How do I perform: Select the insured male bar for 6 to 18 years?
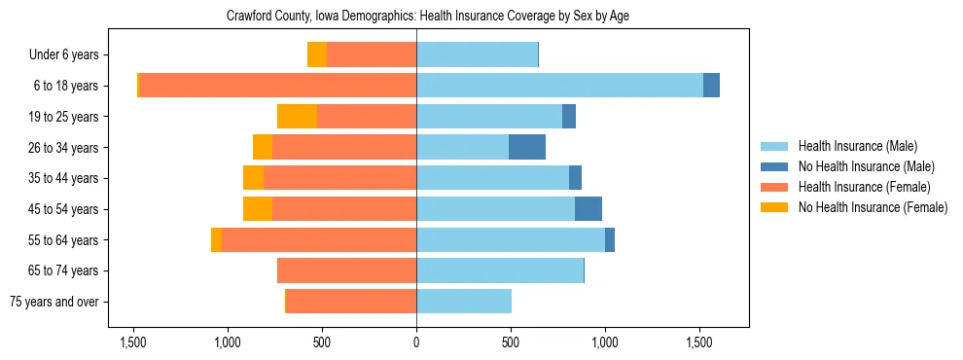(x=559, y=86)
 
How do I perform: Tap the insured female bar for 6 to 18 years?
(x=277, y=86)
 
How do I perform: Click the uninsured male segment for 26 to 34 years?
(x=527, y=147)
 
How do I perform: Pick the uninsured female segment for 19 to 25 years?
(x=297, y=117)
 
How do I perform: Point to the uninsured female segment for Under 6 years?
(x=316, y=54)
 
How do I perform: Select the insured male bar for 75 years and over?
(x=464, y=302)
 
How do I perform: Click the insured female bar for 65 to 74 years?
(x=346, y=270)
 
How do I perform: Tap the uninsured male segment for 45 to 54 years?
(x=588, y=209)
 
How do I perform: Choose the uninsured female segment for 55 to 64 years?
(x=216, y=240)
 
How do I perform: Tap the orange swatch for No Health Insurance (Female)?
(x=774, y=207)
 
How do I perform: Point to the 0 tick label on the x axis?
(x=416, y=343)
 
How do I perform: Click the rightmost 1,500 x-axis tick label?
(x=699, y=343)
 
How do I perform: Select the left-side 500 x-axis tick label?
(x=322, y=343)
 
